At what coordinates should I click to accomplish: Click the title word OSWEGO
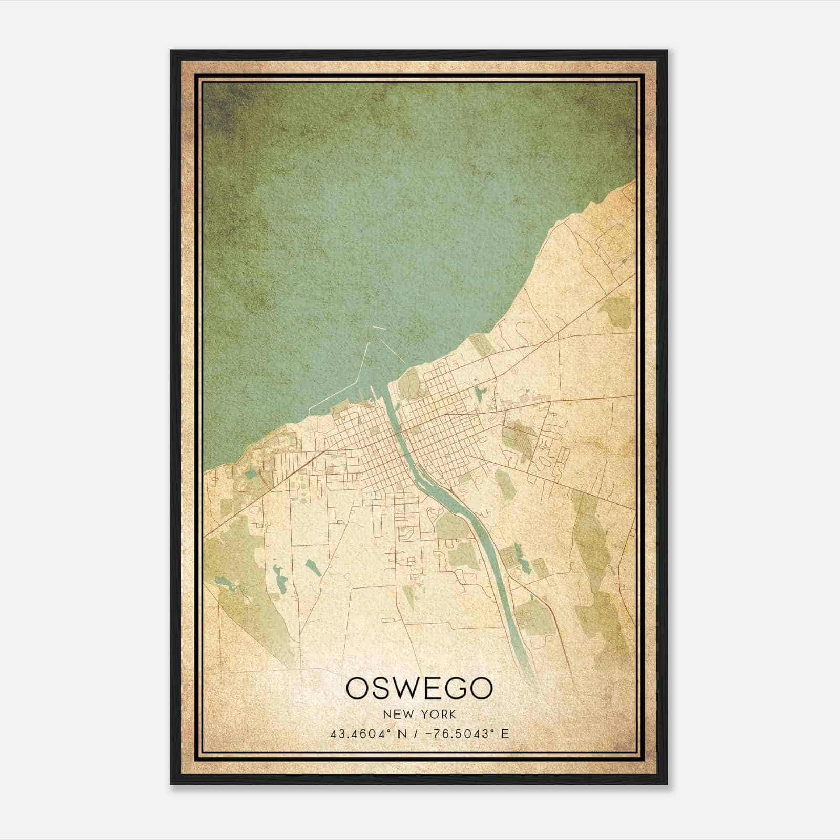point(419,689)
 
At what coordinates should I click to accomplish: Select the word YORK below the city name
point(438,715)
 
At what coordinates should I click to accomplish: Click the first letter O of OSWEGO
point(358,689)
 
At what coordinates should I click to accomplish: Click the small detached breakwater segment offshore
point(379,329)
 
